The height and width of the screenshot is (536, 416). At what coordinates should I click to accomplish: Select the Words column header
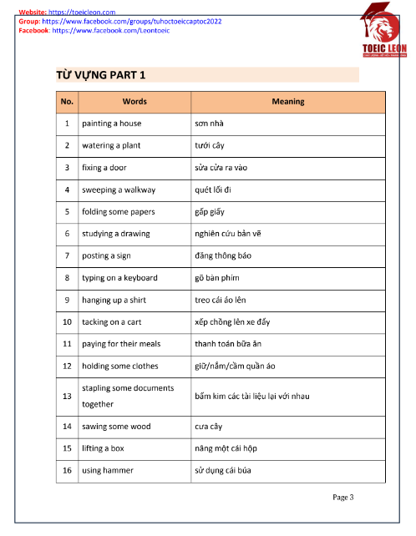(x=134, y=102)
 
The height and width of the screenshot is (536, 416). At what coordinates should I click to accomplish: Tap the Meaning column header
(x=288, y=102)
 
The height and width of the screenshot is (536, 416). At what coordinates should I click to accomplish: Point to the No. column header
(x=67, y=102)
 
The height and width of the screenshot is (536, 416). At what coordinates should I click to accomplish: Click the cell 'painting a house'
(x=112, y=124)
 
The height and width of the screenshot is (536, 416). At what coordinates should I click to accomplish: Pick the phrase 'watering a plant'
(x=111, y=145)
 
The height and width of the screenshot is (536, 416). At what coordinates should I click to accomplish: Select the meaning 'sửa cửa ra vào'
(x=222, y=168)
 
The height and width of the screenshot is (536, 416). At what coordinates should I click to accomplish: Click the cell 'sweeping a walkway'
(x=119, y=190)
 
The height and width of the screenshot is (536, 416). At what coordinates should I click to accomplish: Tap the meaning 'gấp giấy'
(x=210, y=212)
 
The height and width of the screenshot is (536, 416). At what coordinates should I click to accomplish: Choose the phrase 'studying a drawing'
(x=116, y=234)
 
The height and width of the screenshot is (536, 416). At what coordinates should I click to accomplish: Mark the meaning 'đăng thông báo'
(x=222, y=255)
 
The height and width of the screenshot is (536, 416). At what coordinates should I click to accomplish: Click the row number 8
(x=67, y=278)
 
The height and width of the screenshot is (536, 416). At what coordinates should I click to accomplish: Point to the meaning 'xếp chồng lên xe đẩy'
(x=231, y=321)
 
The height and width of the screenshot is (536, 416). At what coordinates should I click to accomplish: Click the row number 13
(x=67, y=396)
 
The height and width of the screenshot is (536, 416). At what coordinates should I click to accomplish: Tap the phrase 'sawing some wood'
(x=116, y=427)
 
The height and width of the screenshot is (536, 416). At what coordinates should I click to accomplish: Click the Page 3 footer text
(x=343, y=498)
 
